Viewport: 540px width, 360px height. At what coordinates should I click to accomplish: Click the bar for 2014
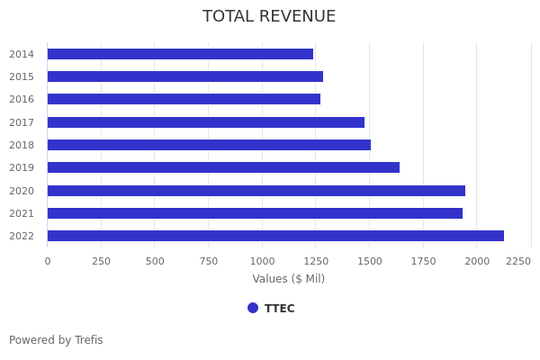click(x=180, y=54)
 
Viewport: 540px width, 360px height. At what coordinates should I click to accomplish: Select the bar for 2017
click(x=205, y=122)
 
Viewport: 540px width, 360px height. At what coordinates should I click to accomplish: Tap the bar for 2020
click(x=256, y=191)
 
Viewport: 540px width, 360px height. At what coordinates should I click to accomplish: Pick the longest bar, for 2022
click(x=275, y=236)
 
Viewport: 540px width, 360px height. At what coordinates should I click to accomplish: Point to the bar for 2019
click(x=223, y=167)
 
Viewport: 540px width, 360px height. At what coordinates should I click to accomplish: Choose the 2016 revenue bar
click(x=184, y=99)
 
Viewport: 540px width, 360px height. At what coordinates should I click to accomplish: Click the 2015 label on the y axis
click(x=22, y=76)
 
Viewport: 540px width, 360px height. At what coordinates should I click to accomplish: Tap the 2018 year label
click(x=22, y=145)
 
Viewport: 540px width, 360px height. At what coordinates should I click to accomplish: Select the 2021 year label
click(x=22, y=213)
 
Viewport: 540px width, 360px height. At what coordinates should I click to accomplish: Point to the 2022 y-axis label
click(x=22, y=236)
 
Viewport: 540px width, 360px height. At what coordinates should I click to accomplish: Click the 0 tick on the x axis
click(x=48, y=261)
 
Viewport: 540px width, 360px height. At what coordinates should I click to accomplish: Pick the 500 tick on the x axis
click(x=155, y=261)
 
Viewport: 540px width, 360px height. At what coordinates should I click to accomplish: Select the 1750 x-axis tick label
click(x=423, y=261)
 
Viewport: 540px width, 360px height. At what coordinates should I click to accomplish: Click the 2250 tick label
click(x=517, y=261)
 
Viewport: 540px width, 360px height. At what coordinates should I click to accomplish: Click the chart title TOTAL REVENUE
click(x=269, y=16)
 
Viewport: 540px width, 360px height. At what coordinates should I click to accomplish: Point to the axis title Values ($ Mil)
click(x=288, y=279)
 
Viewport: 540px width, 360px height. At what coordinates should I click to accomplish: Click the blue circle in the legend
click(x=253, y=308)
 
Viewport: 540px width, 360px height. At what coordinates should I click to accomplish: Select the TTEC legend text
click(x=279, y=309)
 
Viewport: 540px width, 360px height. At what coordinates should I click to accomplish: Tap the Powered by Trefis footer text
click(x=56, y=340)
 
